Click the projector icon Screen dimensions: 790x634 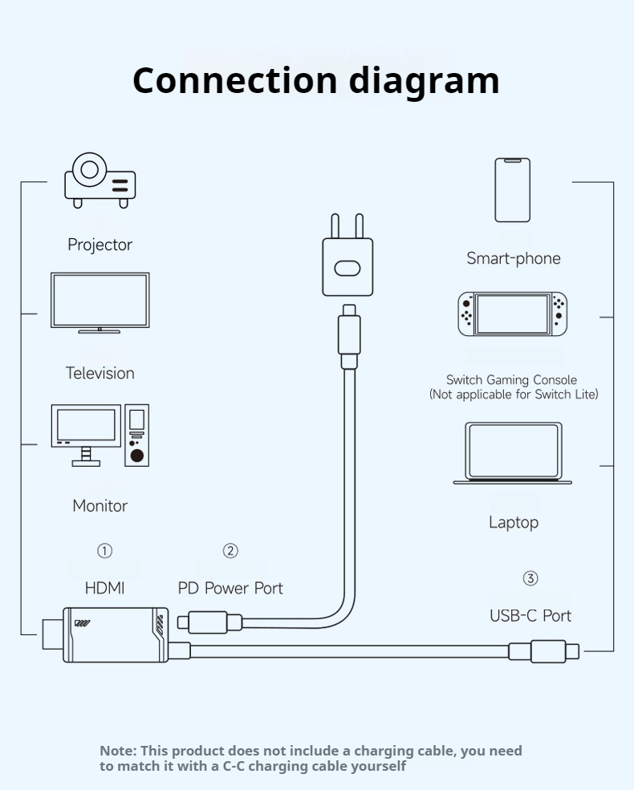(100, 180)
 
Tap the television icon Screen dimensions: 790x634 (100, 302)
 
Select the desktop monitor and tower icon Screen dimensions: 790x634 (100, 435)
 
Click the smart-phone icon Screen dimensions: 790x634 (513, 190)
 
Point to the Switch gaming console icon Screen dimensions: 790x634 (512, 314)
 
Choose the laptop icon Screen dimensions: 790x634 (513, 453)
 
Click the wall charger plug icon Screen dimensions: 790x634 (348, 258)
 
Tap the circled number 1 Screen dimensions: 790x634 (105, 551)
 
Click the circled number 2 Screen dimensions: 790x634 (230, 551)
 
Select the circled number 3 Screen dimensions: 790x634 (530, 578)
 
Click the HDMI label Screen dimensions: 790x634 (105, 588)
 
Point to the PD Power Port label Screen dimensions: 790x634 (230, 588)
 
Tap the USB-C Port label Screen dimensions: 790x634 (530, 616)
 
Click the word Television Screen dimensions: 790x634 (100, 373)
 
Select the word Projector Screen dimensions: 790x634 (100, 245)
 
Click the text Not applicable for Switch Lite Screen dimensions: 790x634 (514, 395)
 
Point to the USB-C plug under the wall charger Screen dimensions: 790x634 (349, 337)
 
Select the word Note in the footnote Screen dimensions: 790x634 (117, 751)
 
